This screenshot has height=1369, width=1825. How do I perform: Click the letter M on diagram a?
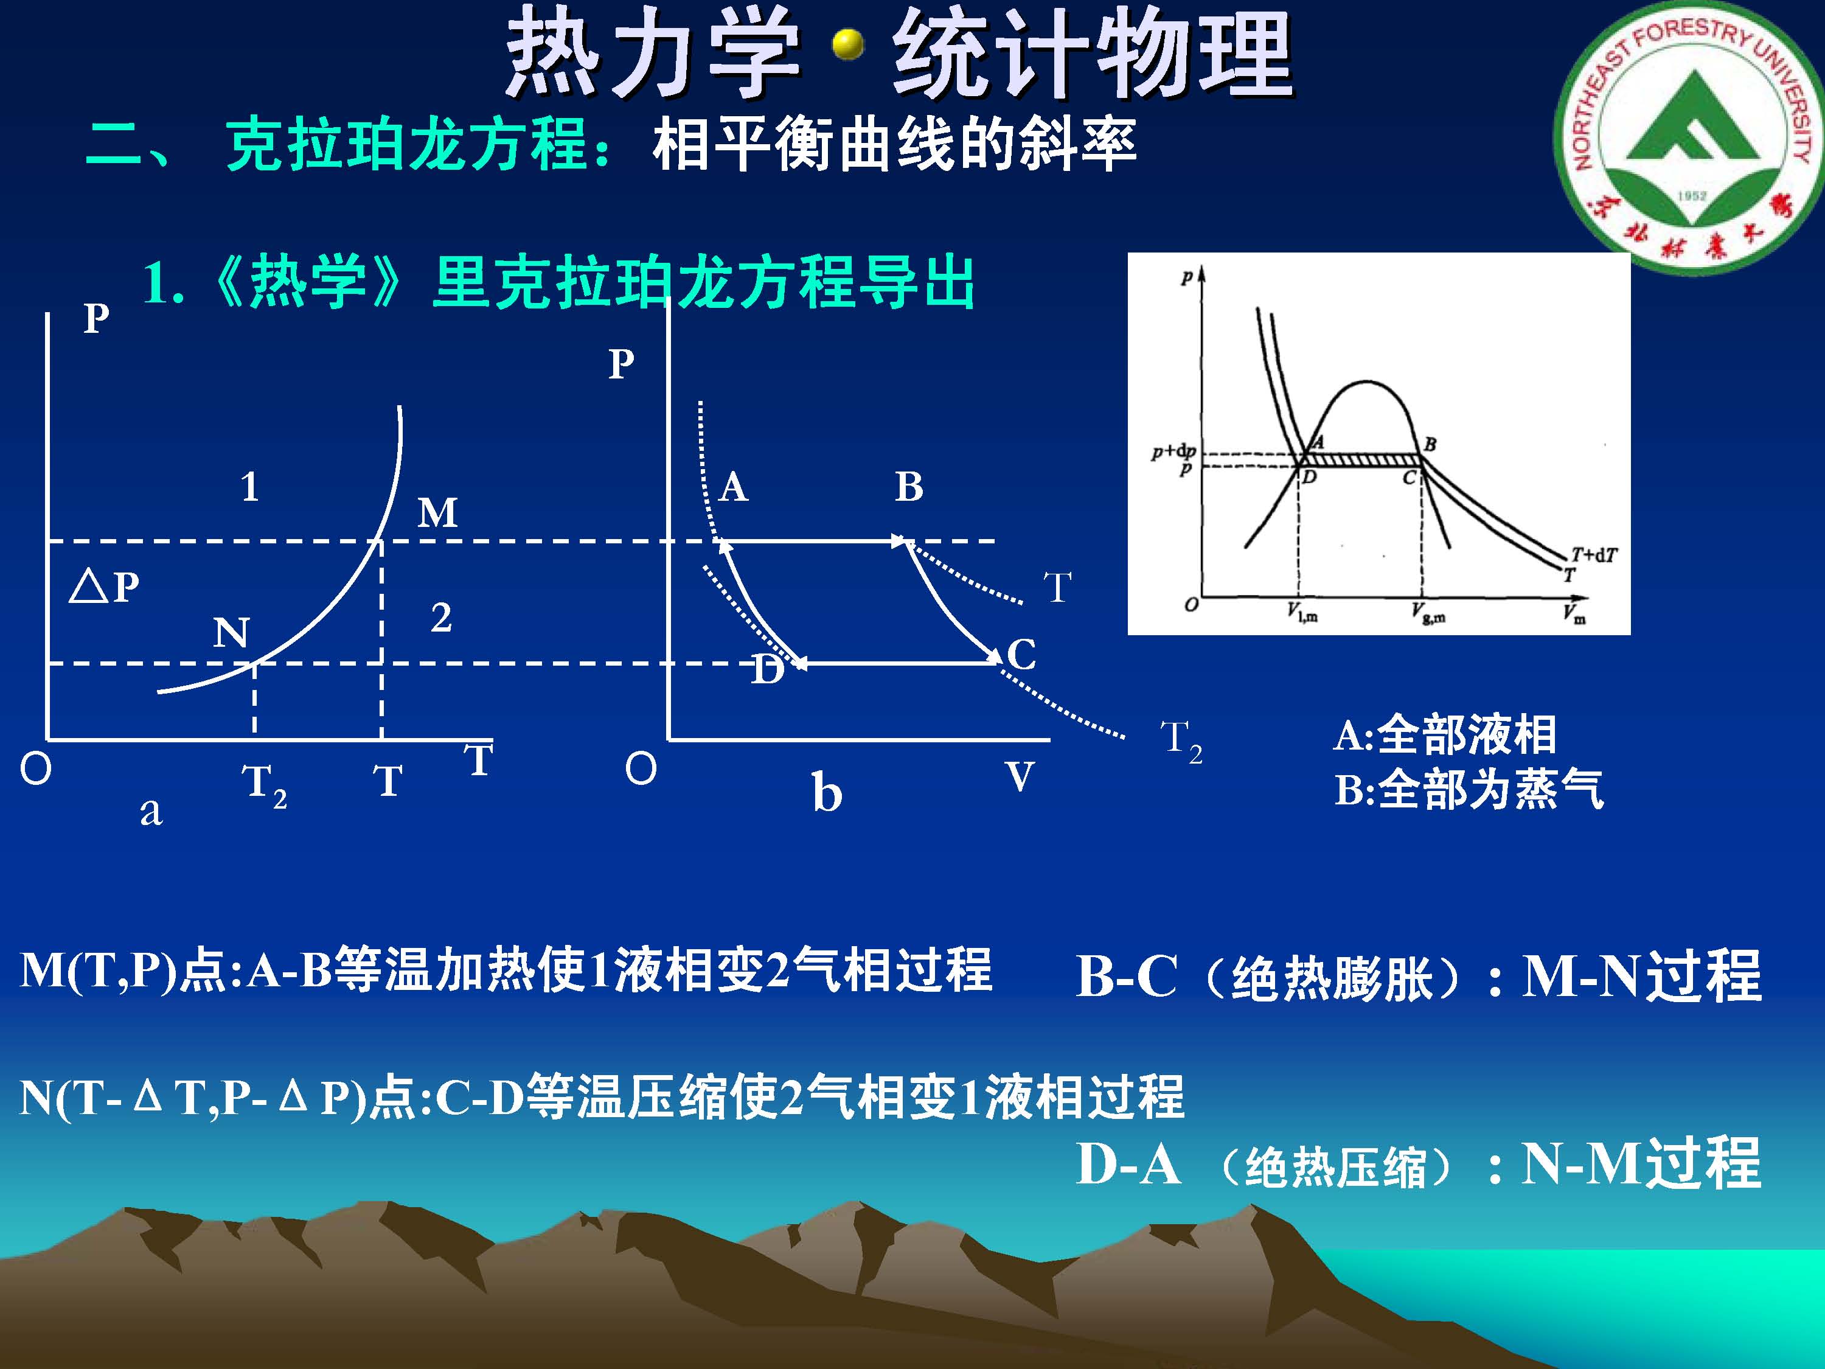click(437, 514)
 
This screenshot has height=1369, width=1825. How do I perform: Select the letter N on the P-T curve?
click(231, 633)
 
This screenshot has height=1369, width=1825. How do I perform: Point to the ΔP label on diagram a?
click(105, 587)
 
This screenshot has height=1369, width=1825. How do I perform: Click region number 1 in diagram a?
click(250, 487)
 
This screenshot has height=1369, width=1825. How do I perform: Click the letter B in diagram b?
click(909, 487)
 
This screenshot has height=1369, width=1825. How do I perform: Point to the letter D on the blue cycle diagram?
click(767, 670)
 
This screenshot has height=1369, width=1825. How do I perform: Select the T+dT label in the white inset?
click(1594, 554)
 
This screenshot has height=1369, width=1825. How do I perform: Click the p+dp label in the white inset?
click(1174, 452)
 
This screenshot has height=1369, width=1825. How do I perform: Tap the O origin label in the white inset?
click(1191, 605)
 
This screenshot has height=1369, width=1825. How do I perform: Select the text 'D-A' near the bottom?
click(1128, 1165)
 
